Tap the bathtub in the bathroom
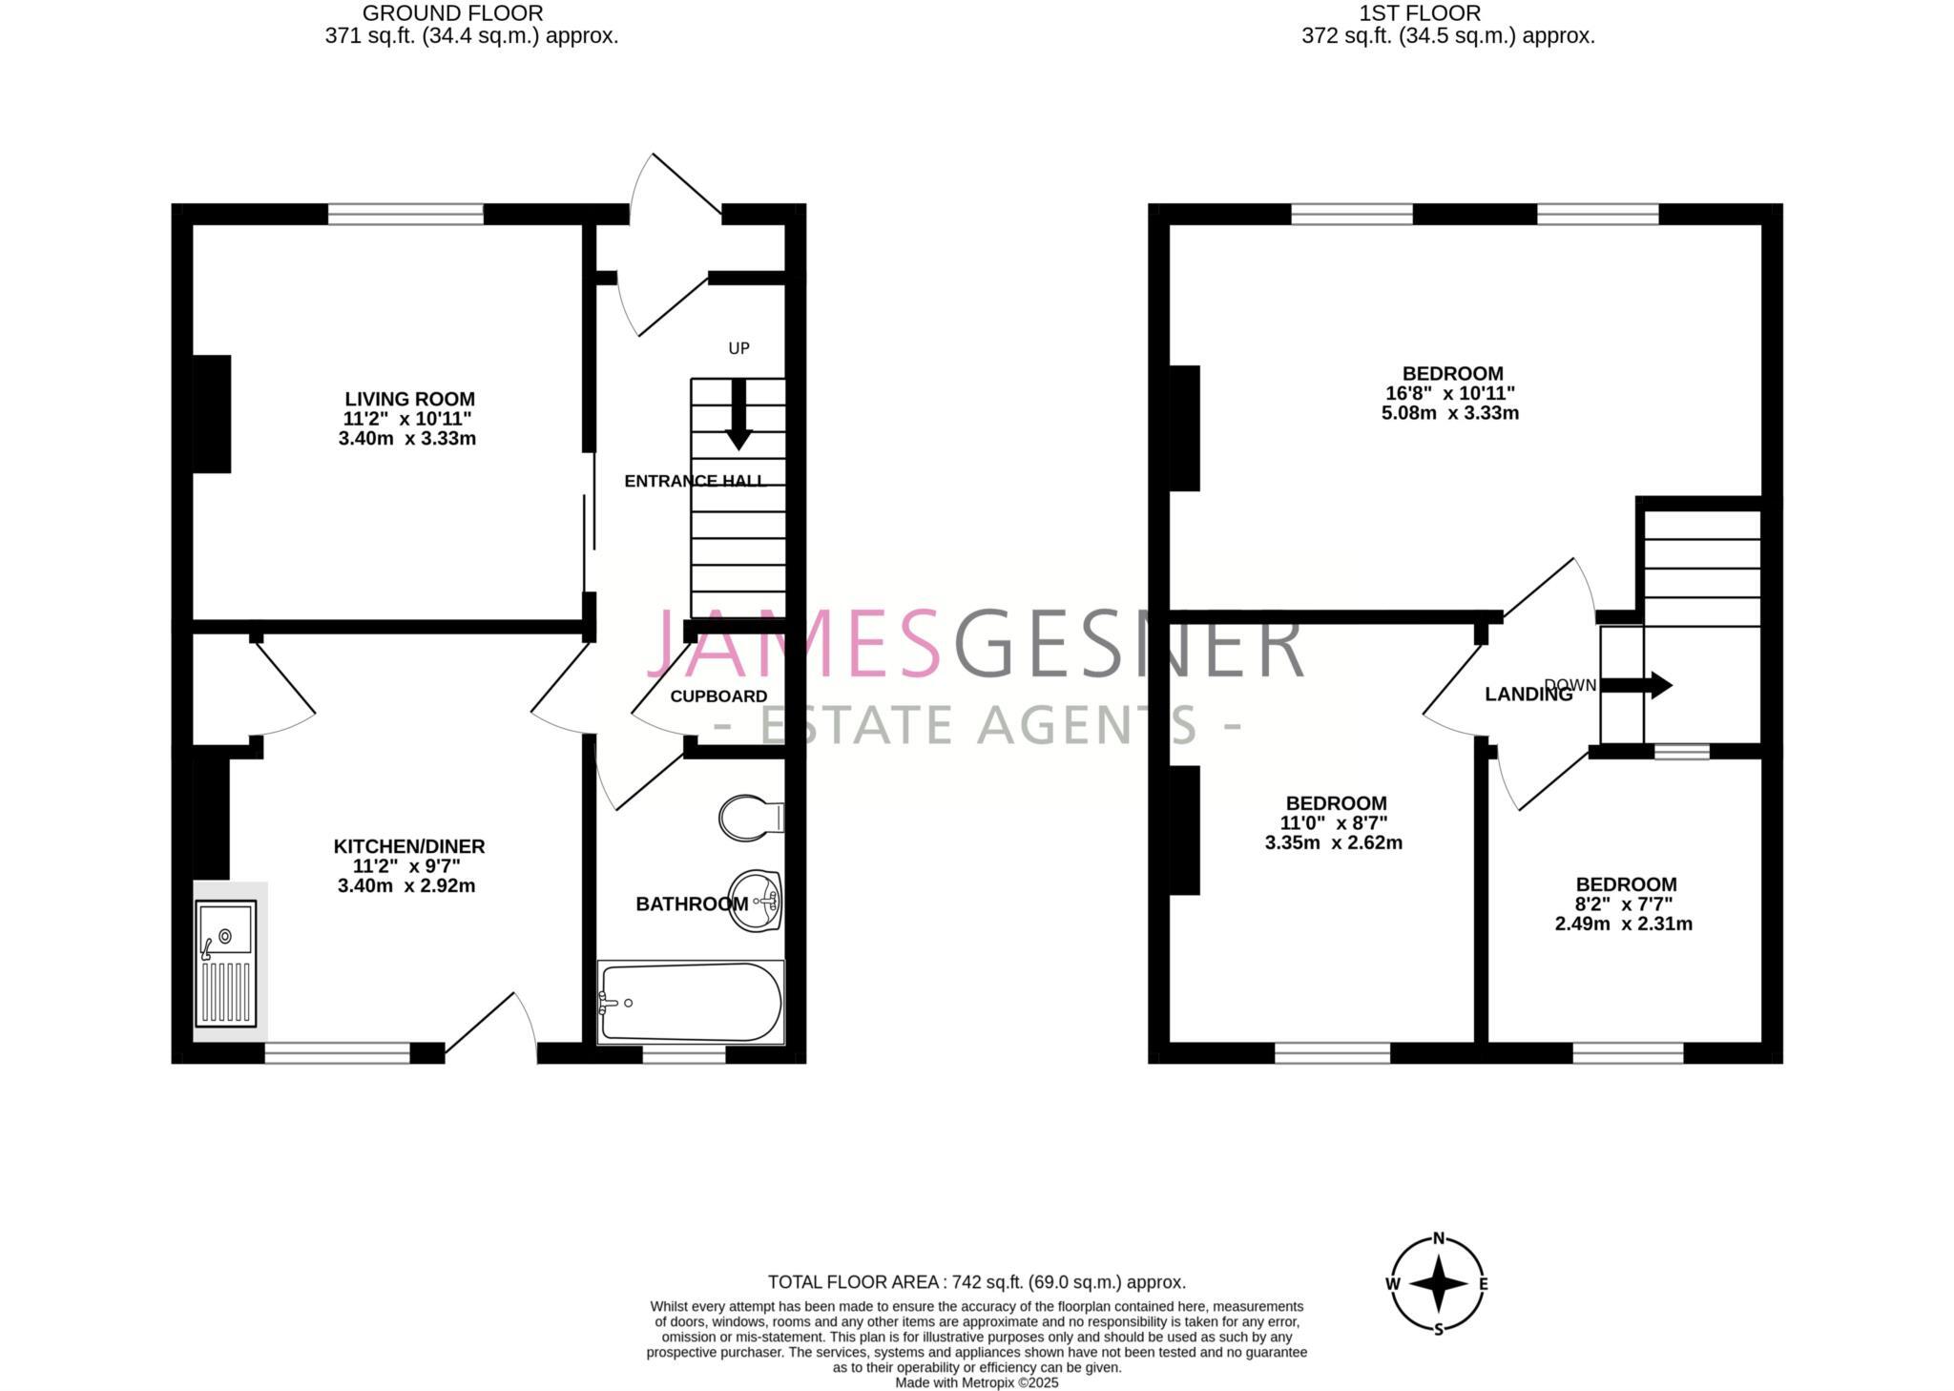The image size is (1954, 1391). point(691,1002)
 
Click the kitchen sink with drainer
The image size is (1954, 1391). point(226,963)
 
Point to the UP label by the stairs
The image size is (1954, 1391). point(738,348)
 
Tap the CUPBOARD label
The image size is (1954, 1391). point(718,696)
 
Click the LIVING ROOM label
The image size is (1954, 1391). point(409,399)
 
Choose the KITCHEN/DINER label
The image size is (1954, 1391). point(409,846)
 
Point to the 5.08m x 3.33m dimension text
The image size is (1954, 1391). point(1450,413)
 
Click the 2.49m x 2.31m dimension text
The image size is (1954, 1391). point(1624,924)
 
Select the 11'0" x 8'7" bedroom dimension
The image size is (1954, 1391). point(1333,823)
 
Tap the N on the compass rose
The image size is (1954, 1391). point(1439,1239)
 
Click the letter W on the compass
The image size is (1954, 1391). point(1393,1284)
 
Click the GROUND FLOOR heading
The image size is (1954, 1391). point(453,13)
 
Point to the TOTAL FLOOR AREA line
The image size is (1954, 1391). point(977,1282)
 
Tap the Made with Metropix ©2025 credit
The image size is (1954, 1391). point(977,1382)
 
